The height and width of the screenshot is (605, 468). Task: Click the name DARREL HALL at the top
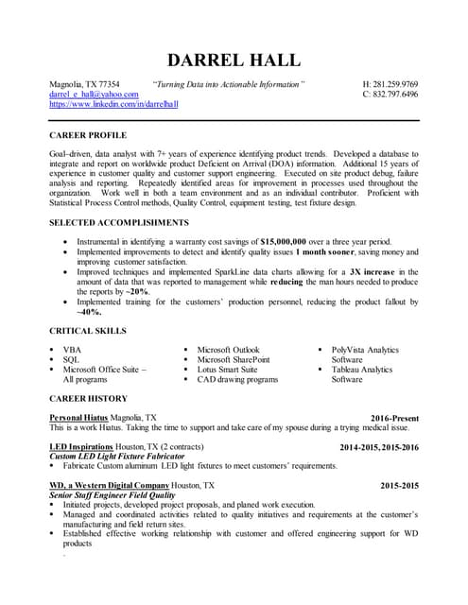[234, 60]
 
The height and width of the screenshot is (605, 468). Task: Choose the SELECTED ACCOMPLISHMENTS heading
[118, 222]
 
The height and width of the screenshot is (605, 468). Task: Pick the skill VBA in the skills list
[72, 350]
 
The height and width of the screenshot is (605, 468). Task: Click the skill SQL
[71, 360]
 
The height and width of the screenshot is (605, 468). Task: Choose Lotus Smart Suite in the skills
[227, 370]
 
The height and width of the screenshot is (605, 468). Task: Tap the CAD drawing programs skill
[237, 380]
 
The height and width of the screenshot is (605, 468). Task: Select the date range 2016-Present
[394, 417]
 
